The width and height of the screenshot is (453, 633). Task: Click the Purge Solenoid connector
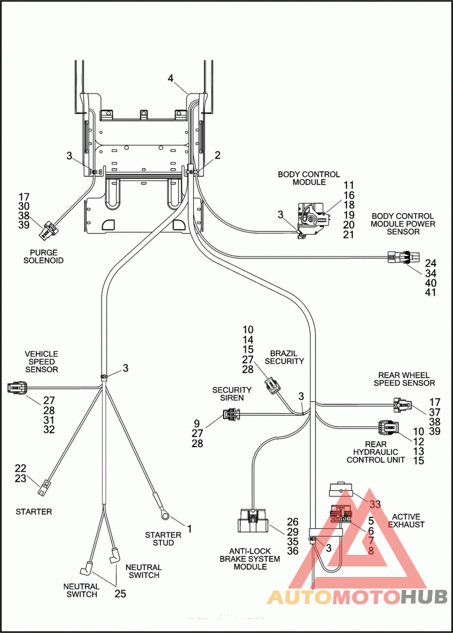tap(47, 230)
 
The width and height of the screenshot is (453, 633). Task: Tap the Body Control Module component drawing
tap(314, 220)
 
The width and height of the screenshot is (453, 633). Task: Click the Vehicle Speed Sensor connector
tap(18, 388)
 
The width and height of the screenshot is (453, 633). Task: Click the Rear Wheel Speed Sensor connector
tap(403, 404)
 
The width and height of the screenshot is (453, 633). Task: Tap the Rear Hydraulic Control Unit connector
tap(388, 428)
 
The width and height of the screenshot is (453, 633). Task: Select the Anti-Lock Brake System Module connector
tap(253, 521)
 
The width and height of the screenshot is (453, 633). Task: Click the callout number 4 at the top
tap(170, 78)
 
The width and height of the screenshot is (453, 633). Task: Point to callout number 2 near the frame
tap(217, 155)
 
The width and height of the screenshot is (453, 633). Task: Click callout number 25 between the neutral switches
tap(120, 593)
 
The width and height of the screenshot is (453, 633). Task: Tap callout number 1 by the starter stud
tap(189, 528)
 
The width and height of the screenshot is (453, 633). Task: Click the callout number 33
tap(375, 504)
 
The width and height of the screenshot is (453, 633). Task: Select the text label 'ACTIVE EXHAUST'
tap(406, 521)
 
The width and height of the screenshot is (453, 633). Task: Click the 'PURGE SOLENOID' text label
tap(43, 257)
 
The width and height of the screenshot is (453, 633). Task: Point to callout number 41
tap(430, 292)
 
